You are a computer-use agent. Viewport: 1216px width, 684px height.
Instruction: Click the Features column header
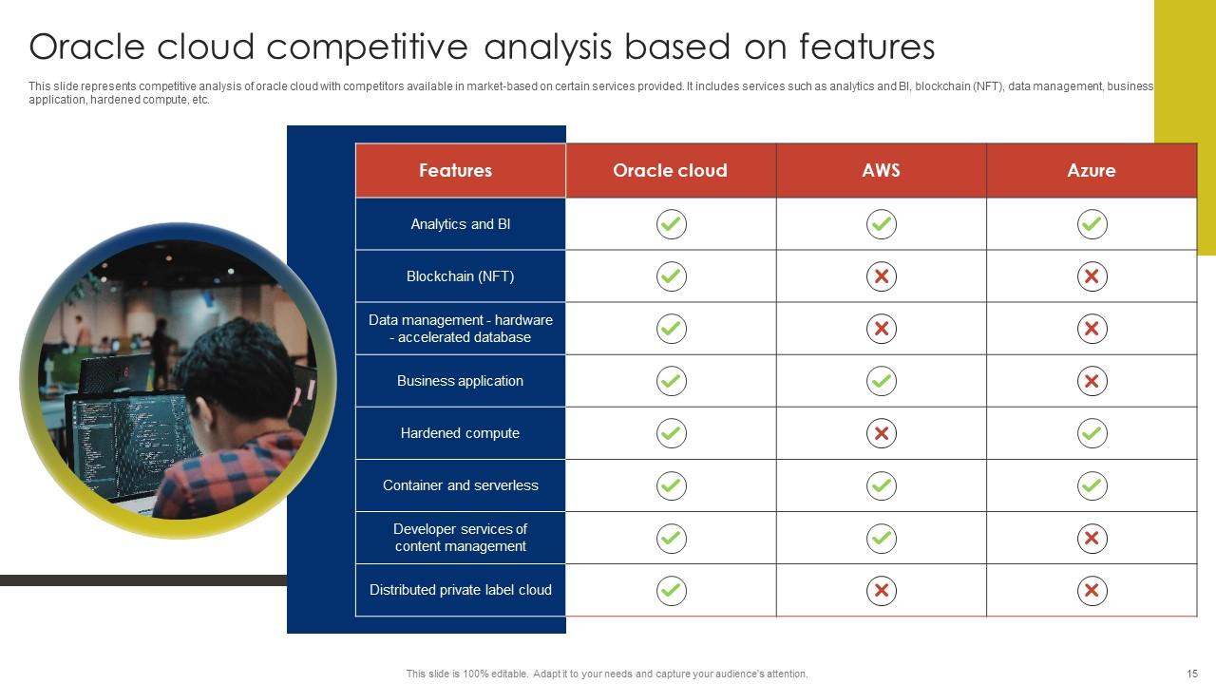click(455, 170)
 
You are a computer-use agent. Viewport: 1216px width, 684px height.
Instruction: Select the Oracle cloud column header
click(670, 170)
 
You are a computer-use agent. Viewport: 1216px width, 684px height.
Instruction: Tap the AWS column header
click(881, 170)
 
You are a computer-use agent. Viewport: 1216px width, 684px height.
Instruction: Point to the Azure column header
click(1092, 170)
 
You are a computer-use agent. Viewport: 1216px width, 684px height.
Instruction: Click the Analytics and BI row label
click(461, 224)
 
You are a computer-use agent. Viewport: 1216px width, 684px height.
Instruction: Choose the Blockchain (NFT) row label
click(461, 276)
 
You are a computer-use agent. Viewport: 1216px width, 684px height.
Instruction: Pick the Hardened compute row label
click(461, 433)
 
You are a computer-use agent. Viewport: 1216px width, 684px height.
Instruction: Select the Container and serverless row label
click(461, 485)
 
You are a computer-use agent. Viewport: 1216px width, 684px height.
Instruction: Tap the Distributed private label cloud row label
click(461, 590)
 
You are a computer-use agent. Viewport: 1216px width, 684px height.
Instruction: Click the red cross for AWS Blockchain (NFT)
click(882, 276)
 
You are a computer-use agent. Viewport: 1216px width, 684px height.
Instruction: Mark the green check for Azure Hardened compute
click(1092, 433)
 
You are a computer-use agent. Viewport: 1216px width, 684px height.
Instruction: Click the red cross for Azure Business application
click(1092, 381)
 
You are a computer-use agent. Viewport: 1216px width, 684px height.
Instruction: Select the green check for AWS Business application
click(882, 381)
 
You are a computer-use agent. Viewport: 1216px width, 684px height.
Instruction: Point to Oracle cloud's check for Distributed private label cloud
click(672, 591)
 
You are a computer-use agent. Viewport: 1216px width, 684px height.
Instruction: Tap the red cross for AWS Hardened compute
click(882, 433)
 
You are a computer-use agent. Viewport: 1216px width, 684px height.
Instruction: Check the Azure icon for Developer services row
click(1092, 539)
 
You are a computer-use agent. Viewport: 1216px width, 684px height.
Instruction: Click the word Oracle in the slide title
click(86, 47)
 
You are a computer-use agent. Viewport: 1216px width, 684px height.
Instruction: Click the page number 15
click(1192, 674)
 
